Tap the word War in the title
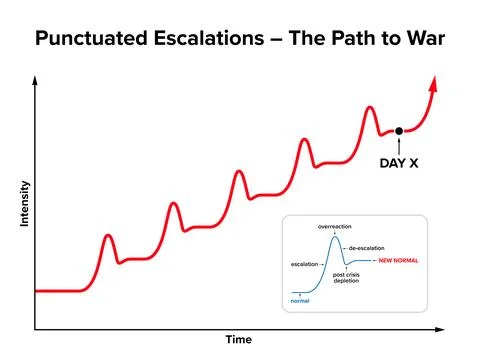420,39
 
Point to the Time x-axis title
238,340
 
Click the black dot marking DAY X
399,131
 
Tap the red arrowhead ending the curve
435,82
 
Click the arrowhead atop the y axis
36,80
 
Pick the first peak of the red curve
109,237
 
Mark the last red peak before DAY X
370,107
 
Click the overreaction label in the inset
337,227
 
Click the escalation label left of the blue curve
305,264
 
